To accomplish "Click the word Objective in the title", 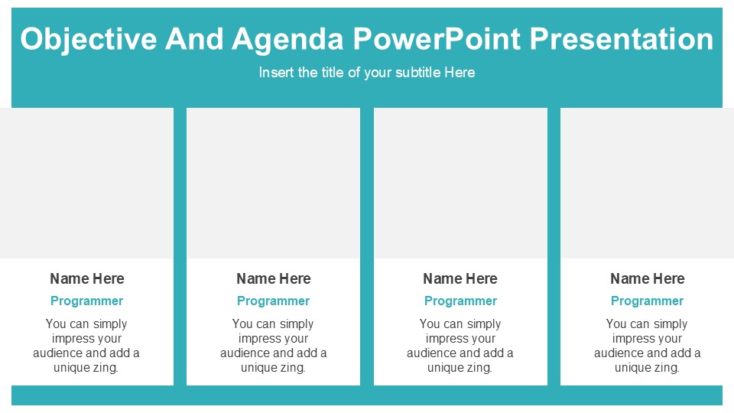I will [x=86, y=39].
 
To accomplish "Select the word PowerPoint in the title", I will [x=436, y=39].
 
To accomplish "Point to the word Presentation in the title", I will [x=621, y=39].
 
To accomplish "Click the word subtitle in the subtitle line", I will [x=411, y=73].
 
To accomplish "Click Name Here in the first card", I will [x=86, y=278].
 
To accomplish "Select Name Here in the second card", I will [x=273, y=278].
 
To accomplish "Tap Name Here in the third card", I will [x=460, y=278].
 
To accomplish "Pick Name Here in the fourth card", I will [x=647, y=278].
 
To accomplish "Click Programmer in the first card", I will [x=86, y=301].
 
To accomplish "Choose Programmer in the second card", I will [x=273, y=301].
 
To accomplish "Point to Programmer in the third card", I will [x=460, y=301].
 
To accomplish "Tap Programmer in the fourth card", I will [x=647, y=301].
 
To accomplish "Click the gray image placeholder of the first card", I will [x=86, y=183].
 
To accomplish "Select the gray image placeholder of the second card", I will [x=273, y=183].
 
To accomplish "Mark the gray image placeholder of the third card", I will [x=460, y=183].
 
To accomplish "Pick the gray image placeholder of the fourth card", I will [x=647, y=183].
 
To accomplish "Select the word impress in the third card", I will [x=446, y=339].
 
